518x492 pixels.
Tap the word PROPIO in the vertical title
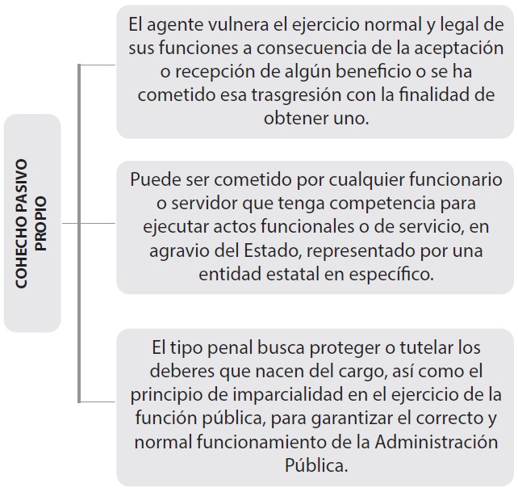pyautogui.click(x=41, y=223)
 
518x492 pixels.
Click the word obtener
pyautogui.click(x=296, y=119)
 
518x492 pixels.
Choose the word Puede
pyautogui.click(x=155, y=179)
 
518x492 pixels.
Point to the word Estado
pyautogui.click(x=272, y=250)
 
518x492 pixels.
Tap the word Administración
pyautogui.click(x=436, y=442)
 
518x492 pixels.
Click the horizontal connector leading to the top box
pyautogui.click(x=97, y=65)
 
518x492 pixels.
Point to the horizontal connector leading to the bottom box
pyautogui.click(x=97, y=402)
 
